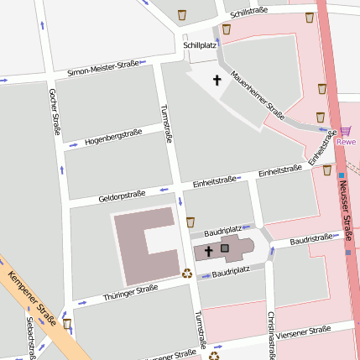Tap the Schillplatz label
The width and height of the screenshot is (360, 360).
199,45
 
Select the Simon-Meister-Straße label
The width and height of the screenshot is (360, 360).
103,67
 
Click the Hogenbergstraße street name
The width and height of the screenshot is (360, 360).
113,134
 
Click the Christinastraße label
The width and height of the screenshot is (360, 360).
271,333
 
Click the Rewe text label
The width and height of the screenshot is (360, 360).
346,142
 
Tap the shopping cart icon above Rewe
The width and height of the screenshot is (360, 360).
346,130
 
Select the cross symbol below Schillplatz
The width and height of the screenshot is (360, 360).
217,81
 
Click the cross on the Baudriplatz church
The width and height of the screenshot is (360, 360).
208,250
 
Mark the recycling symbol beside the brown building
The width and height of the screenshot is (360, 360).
187,272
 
